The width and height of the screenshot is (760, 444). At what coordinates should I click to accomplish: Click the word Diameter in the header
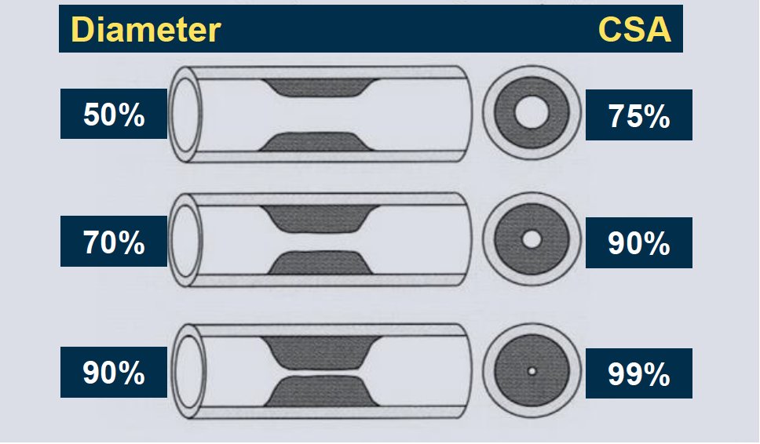(x=146, y=30)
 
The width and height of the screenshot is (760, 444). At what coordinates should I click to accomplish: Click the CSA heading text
(x=634, y=30)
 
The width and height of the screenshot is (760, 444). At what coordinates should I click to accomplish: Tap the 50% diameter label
(x=114, y=115)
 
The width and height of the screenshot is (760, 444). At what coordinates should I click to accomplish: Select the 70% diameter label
(x=114, y=242)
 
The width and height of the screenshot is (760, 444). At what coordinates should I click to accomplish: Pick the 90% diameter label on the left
(x=114, y=373)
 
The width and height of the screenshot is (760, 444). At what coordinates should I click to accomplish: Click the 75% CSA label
(x=639, y=116)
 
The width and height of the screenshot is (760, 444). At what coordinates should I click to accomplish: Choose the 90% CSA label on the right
(x=639, y=243)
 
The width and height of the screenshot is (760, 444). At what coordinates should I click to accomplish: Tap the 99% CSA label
(x=639, y=374)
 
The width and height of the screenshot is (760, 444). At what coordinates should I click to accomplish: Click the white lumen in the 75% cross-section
(x=532, y=112)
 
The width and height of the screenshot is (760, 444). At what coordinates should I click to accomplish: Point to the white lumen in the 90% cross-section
(x=532, y=239)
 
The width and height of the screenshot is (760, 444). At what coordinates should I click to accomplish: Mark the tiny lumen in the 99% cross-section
(x=532, y=371)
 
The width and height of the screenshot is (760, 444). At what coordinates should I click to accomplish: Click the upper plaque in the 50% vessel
(x=320, y=87)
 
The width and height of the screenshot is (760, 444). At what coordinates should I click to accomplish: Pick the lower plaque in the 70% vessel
(x=320, y=263)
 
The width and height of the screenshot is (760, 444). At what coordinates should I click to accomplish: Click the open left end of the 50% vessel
(x=186, y=115)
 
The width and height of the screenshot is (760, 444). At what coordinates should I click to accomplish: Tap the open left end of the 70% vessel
(x=186, y=241)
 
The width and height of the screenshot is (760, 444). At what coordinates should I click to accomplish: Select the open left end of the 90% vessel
(x=189, y=371)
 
